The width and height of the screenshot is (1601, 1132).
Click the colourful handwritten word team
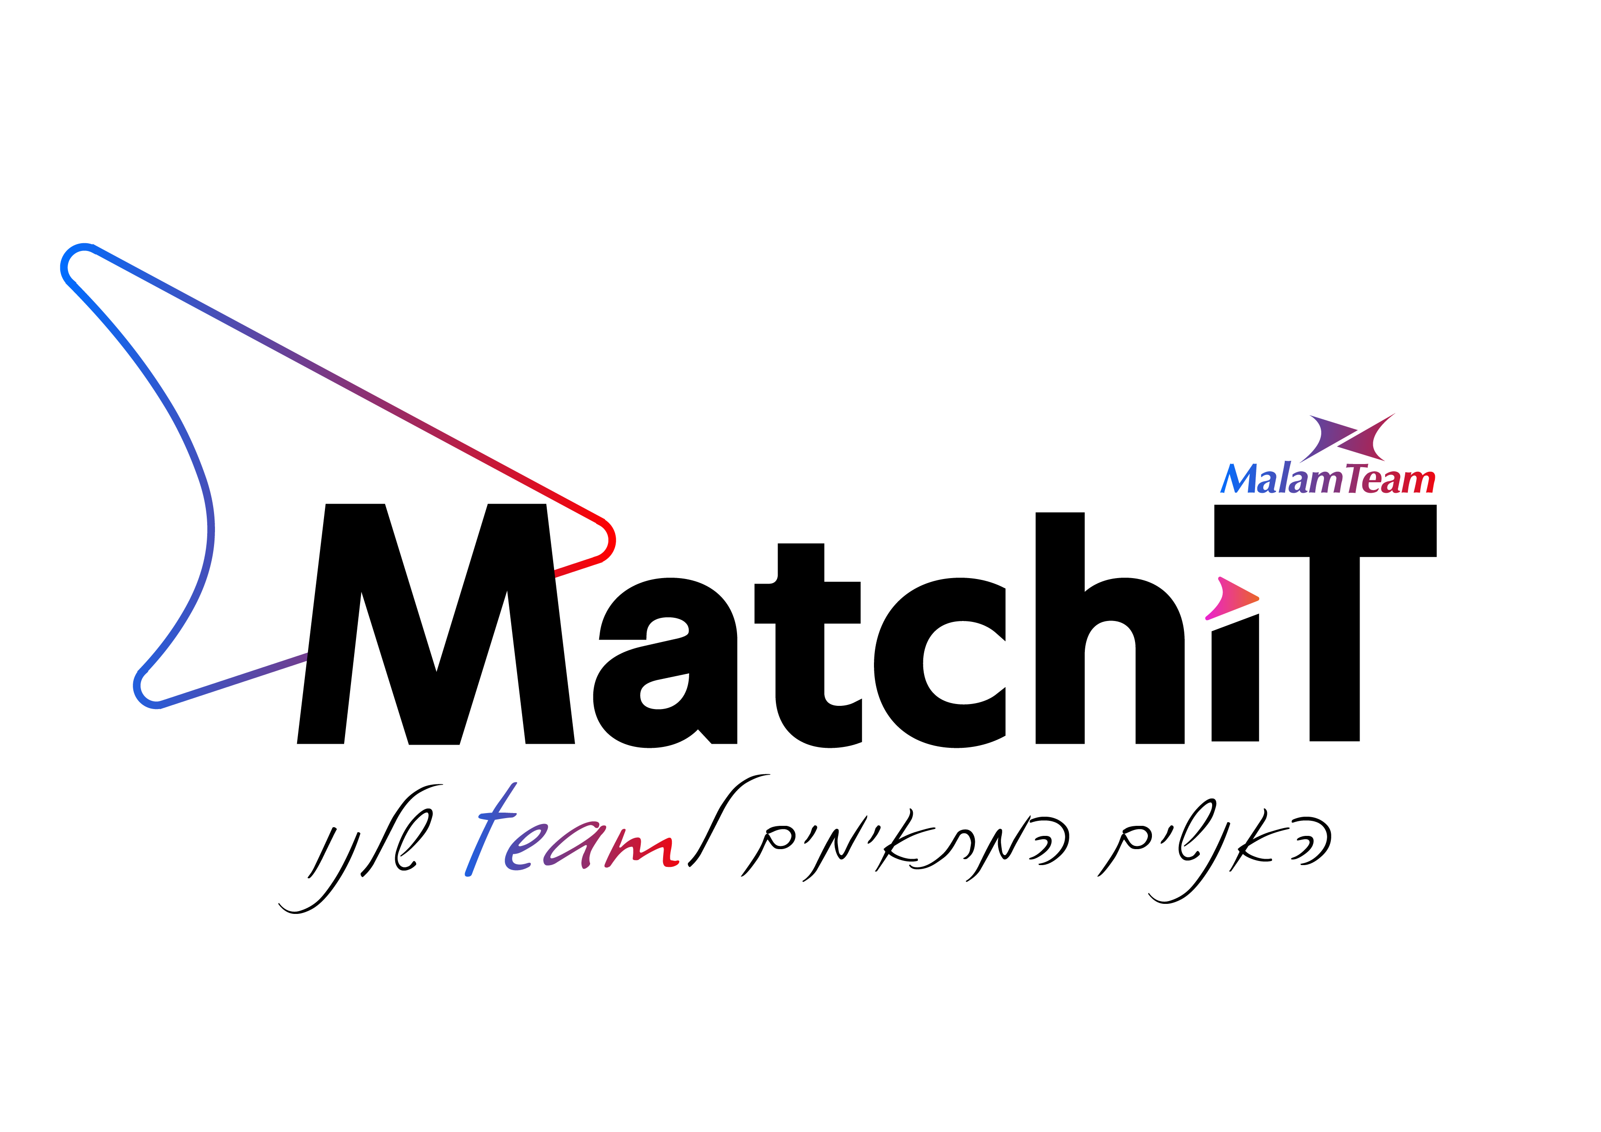click(x=572, y=840)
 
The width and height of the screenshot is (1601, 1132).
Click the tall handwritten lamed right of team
click(x=725, y=815)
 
